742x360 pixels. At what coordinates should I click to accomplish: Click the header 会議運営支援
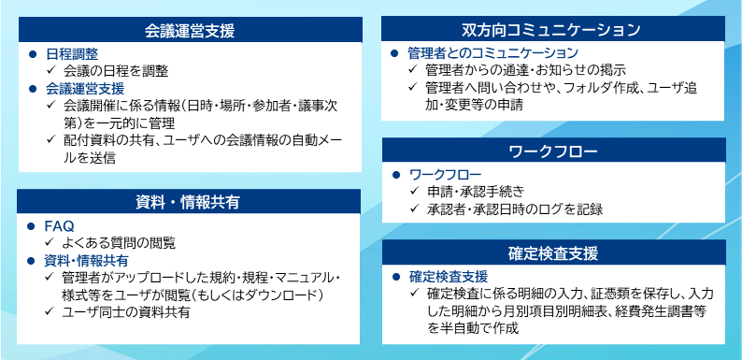tap(190, 31)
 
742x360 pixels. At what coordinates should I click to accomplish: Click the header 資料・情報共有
tap(190, 202)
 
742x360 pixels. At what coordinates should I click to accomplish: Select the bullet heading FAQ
tap(59, 225)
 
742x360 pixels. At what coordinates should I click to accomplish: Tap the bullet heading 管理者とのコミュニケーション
tap(492, 53)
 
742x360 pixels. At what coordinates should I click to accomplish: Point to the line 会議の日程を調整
tap(115, 71)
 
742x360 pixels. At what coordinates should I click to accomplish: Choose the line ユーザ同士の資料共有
tap(126, 312)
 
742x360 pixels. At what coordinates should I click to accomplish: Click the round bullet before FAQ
tap(32, 225)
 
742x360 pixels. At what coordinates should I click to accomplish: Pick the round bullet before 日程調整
tap(32, 54)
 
